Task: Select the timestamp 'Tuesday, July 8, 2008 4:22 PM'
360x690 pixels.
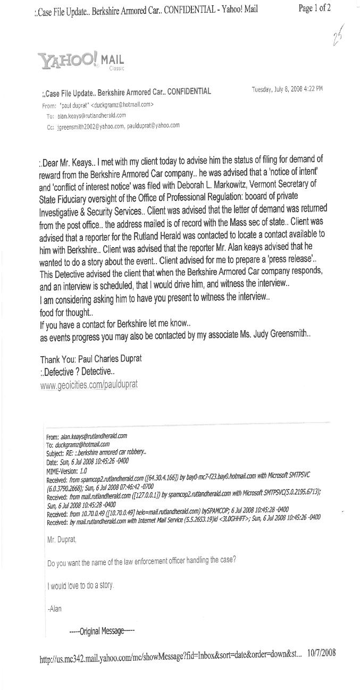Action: [x=287, y=89]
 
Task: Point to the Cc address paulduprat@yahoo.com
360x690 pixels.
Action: [x=154, y=126]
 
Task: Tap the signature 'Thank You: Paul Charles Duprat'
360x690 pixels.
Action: [x=91, y=359]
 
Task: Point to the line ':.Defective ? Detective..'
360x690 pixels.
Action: [x=77, y=372]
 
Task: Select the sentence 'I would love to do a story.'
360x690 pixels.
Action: [x=80, y=586]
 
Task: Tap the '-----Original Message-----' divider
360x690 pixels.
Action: [x=102, y=631]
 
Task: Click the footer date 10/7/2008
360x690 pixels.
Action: [x=321, y=653]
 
